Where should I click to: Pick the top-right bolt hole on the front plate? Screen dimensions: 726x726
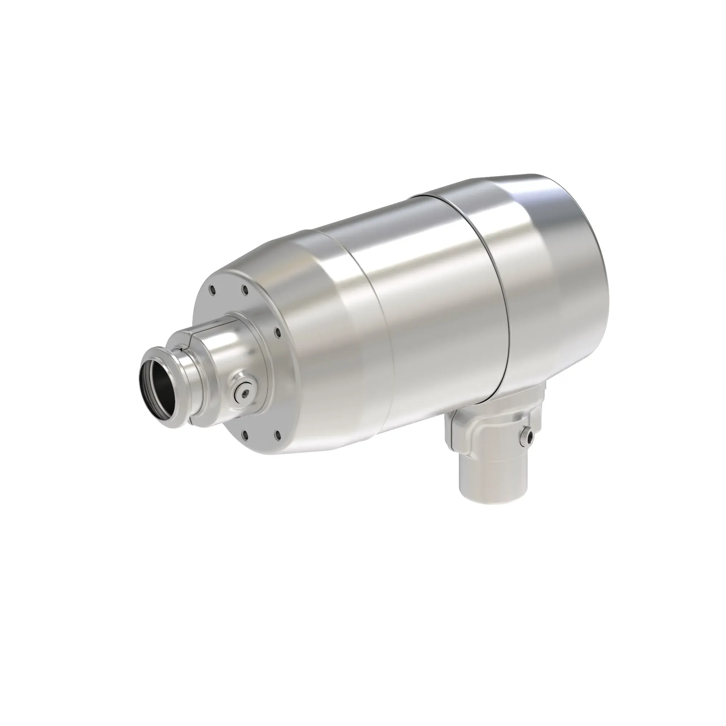[245, 289]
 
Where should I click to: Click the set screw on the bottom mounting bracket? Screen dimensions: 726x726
[529, 437]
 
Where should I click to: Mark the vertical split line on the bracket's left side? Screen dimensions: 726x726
[451, 432]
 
